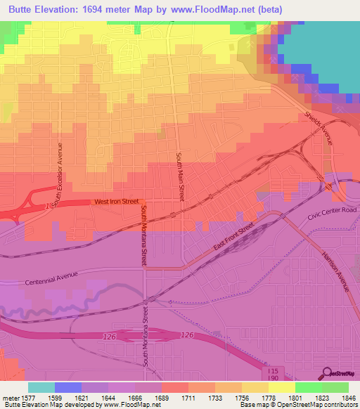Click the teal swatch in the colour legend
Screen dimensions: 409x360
tap(41, 387)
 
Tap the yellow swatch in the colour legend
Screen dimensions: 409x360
tap(281, 387)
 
